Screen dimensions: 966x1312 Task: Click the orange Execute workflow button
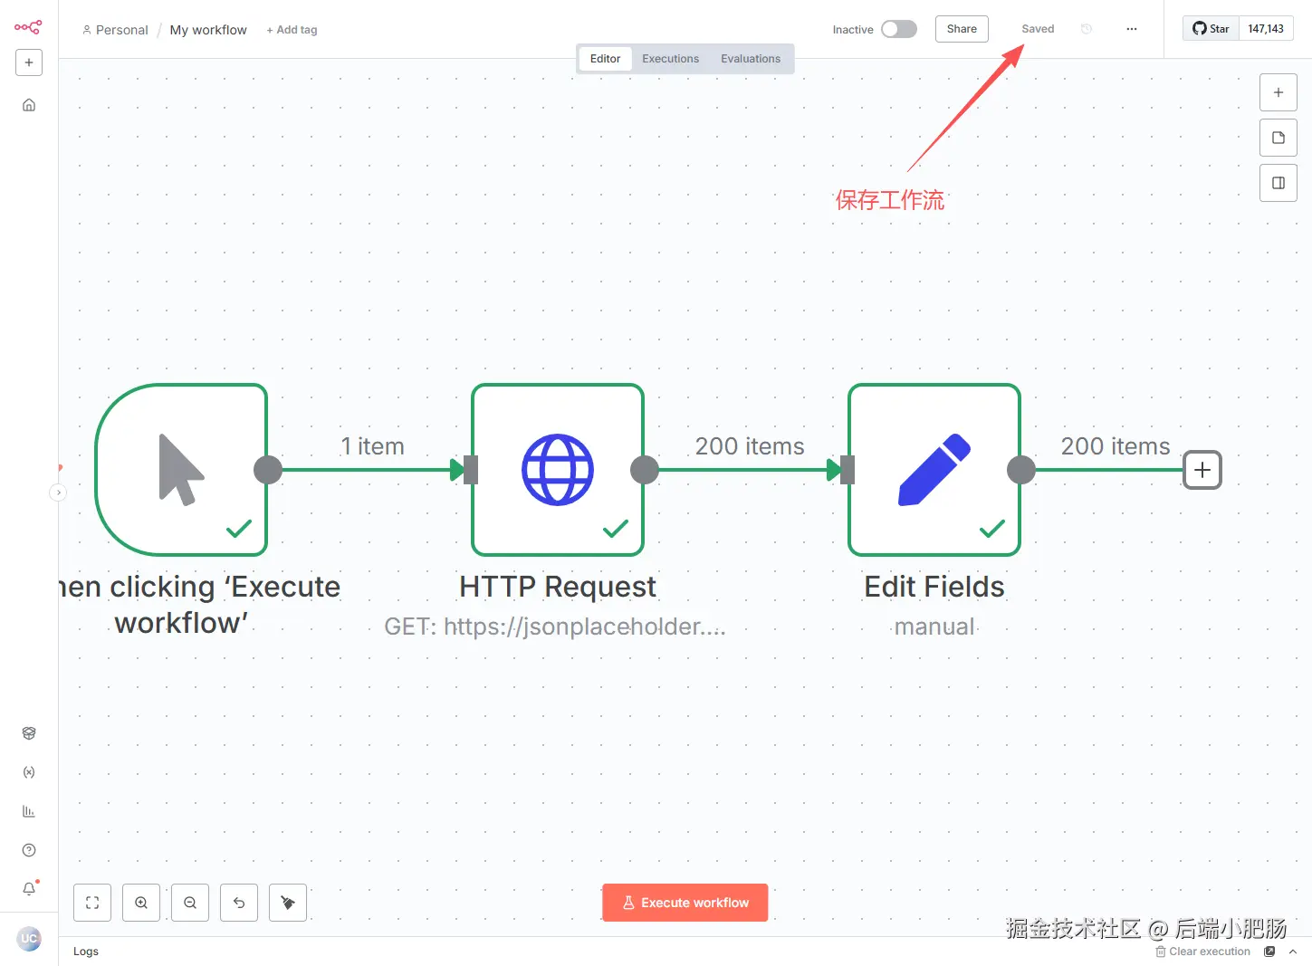tap(685, 903)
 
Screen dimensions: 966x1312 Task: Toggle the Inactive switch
tap(898, 29)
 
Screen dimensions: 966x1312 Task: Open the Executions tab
tap(670, 59)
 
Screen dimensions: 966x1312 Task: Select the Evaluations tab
tap(750, 59)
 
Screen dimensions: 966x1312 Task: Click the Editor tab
tap(605, 59)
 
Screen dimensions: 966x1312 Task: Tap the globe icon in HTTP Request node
tap(558, 470)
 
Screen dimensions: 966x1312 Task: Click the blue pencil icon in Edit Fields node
tap(934, 470)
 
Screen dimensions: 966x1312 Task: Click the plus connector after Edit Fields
tap(1202, 470)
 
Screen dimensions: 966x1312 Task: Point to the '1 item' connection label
tap(372, 446)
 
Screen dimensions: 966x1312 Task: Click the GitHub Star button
tap(1211, 29)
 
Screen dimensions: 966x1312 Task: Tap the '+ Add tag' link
tap(292, 30)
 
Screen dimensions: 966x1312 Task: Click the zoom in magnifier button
tap(141, 903)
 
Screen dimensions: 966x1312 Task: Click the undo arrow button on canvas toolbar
tap(239, 903)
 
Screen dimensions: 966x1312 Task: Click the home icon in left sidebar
tap(29, 105)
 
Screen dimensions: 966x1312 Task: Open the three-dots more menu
tap(1131, 29)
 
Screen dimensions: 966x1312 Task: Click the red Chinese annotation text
tap(889, 200)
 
